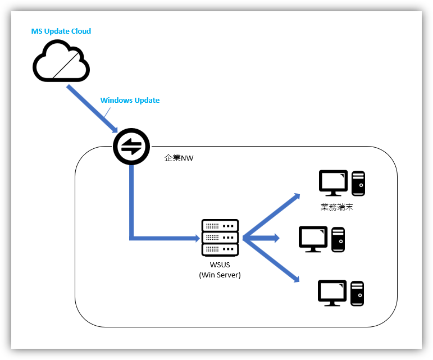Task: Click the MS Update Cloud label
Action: tap(61, 31)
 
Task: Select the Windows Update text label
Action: tap(130, 101)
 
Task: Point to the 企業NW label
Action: tap(179, 158)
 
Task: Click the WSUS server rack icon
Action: tap(220, 238)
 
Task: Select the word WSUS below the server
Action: tap(220, 265)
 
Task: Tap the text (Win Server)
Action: tap(220, 275)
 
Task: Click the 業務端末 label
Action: tap(336, 207)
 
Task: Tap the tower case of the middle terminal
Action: tap(338, 239)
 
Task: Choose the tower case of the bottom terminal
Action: tap(358, 293)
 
